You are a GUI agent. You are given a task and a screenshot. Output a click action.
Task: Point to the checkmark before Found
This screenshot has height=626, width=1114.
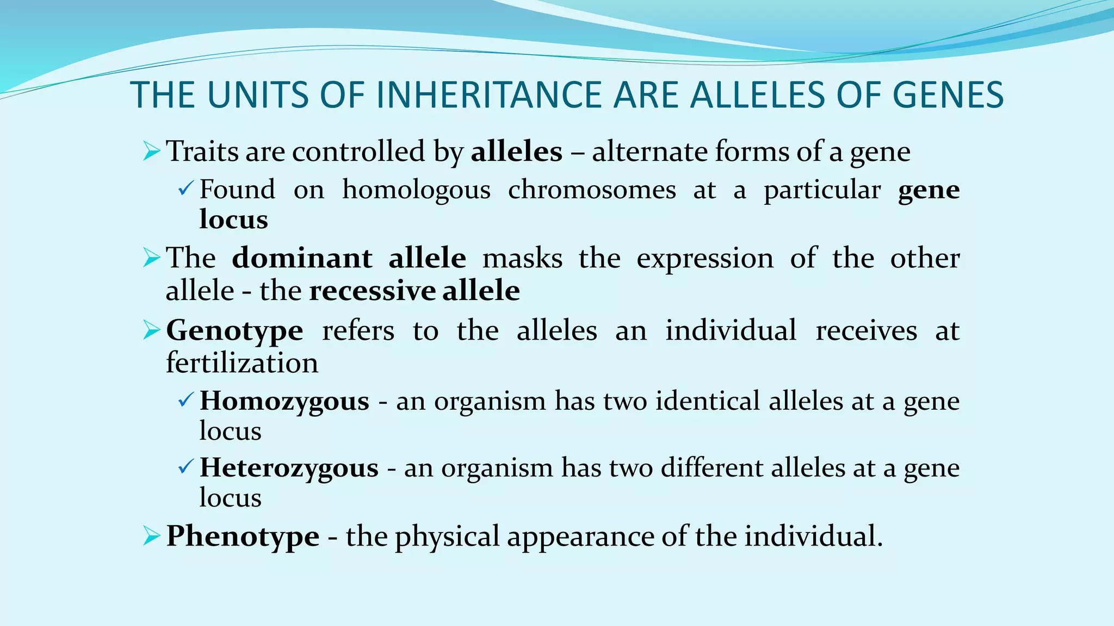[185, 189]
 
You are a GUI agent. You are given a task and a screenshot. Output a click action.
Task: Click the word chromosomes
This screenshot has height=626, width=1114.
[592, 190]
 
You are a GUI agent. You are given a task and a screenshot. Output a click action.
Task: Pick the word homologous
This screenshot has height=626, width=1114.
[416, 190]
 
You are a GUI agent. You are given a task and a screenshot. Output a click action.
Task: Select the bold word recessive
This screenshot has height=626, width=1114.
[372, 290]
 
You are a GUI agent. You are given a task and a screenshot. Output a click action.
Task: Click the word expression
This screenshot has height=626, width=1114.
[705, 259]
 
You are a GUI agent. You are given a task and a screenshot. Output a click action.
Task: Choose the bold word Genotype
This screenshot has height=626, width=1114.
[234, 330]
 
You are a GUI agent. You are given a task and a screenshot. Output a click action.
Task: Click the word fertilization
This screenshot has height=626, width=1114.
[242, 362]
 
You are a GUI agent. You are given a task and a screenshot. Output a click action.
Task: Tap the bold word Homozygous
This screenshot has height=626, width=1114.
[284, 402]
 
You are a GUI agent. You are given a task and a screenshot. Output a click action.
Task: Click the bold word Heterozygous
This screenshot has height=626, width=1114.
[289, 468]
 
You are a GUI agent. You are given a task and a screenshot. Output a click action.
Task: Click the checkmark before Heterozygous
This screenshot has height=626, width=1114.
[185, 467]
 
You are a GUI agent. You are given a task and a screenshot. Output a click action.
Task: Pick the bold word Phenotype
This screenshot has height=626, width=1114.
[243, 536]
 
